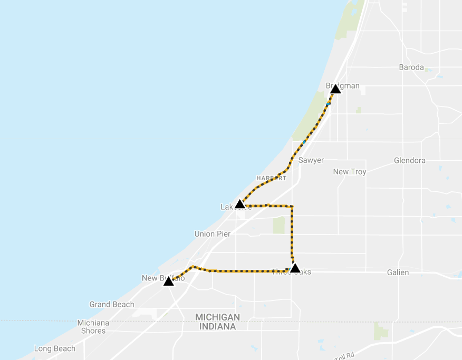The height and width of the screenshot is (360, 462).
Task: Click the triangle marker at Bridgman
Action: pos(335,89)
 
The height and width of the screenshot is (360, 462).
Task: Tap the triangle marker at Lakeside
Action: pos(239,204)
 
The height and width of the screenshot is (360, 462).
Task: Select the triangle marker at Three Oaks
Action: pos(295,268)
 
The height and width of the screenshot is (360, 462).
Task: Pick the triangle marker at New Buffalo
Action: pos(168,281)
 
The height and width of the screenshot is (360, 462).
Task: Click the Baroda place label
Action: pos(411,67)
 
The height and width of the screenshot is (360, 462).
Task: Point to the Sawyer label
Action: pos(311,160)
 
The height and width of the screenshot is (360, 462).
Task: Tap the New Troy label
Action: pos(349,172)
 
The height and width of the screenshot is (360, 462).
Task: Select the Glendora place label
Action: pos(410,161)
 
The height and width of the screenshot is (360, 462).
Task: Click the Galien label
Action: pos(398,273)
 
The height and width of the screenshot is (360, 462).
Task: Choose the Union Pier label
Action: pos(212,234)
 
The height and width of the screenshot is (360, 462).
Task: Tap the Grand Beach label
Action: pos(112,305)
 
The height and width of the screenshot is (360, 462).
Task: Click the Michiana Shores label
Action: pos(93,327)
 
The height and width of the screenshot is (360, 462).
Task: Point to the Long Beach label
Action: pos(55,349)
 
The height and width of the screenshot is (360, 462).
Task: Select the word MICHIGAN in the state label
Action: pos(217,317)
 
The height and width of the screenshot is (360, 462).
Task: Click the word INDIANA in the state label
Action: pos(217,327)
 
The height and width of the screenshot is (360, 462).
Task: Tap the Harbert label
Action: pos(272,178)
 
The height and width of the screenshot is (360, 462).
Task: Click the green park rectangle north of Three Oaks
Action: pos(278,225)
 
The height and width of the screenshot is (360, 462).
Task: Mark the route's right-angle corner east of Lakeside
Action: pos(292,206)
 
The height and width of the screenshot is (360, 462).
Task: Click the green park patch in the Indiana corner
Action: pos(380,331)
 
